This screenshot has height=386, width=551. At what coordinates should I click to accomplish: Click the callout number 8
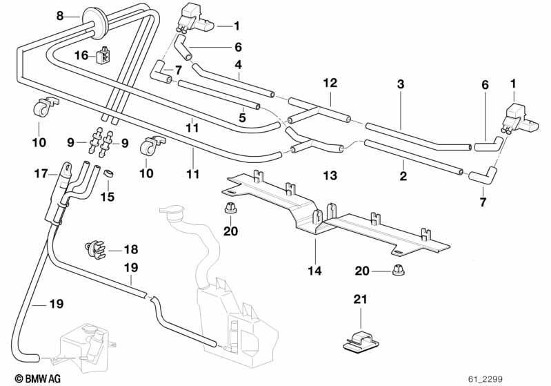pyautogui.click(x=60, y=16)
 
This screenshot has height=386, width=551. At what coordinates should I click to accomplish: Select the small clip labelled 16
pyautogui.click(x=103, y=55)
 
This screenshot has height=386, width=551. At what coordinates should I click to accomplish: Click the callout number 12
pyautogui.click(x=330, y=83)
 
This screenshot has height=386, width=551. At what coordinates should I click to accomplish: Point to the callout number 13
pyautogui.click(x=330, y=175)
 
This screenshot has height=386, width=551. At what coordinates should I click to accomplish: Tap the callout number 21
pyautogui.click(x=360, y=299)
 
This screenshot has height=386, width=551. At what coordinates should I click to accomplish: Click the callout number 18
pyautogui.click(x=131, y=249)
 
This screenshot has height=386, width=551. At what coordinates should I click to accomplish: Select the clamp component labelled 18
pyautogui.click(x=95, y=248)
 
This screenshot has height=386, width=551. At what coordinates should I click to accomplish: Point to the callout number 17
pyautogui.click(x=41, y=173)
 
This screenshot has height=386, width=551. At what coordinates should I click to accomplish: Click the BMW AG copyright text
pyautogui.click(x=38, y=378)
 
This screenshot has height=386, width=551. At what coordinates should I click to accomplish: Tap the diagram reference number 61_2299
pyautogui.click(x=485, y=379)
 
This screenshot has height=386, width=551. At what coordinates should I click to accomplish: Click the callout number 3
pyautogui.click(x=401, y=84)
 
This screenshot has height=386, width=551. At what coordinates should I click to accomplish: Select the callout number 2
pyautogui.click(x=403, y=175)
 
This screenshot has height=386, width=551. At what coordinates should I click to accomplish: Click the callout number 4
pyautogui.click(x=239, y=65)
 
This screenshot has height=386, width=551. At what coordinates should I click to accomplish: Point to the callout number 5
pyautogui.click(x=242, y=117)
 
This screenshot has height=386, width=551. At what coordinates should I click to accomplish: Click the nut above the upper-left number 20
pyautogui.click(x=230, y=209)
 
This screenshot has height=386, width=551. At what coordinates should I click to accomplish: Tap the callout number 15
pyautogui.click(x=108, y=196)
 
